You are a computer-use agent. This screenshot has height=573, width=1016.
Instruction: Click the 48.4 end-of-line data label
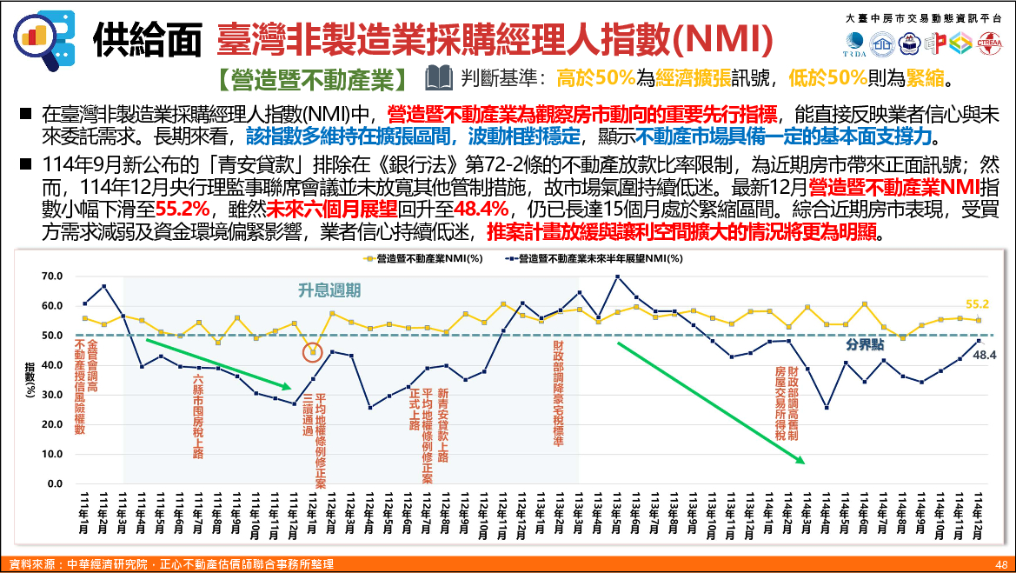pyautogui.click(x=983, y=356)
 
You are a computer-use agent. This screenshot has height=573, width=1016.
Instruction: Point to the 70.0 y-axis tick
pyautogui.click(x=52, y=277)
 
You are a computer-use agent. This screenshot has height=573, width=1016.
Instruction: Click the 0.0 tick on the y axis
pyautogui.click(x=55, y=483)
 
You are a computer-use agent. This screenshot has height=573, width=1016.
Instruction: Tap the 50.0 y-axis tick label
pyautogui.click(x=52, y=336)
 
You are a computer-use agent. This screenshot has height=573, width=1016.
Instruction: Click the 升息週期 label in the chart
pyautogui.click(x=329, y=290)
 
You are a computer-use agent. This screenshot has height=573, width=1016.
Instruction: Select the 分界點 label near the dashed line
pyautogui.click(x=865, y=344)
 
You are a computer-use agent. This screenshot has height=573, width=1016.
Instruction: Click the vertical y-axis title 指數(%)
pyautogui.click(x=31, y=380)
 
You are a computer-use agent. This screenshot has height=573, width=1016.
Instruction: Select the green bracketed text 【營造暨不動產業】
pyautogui.click(x=314, y=79)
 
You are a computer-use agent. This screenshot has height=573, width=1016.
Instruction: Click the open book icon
pyautogui.click(x=439, y=79)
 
